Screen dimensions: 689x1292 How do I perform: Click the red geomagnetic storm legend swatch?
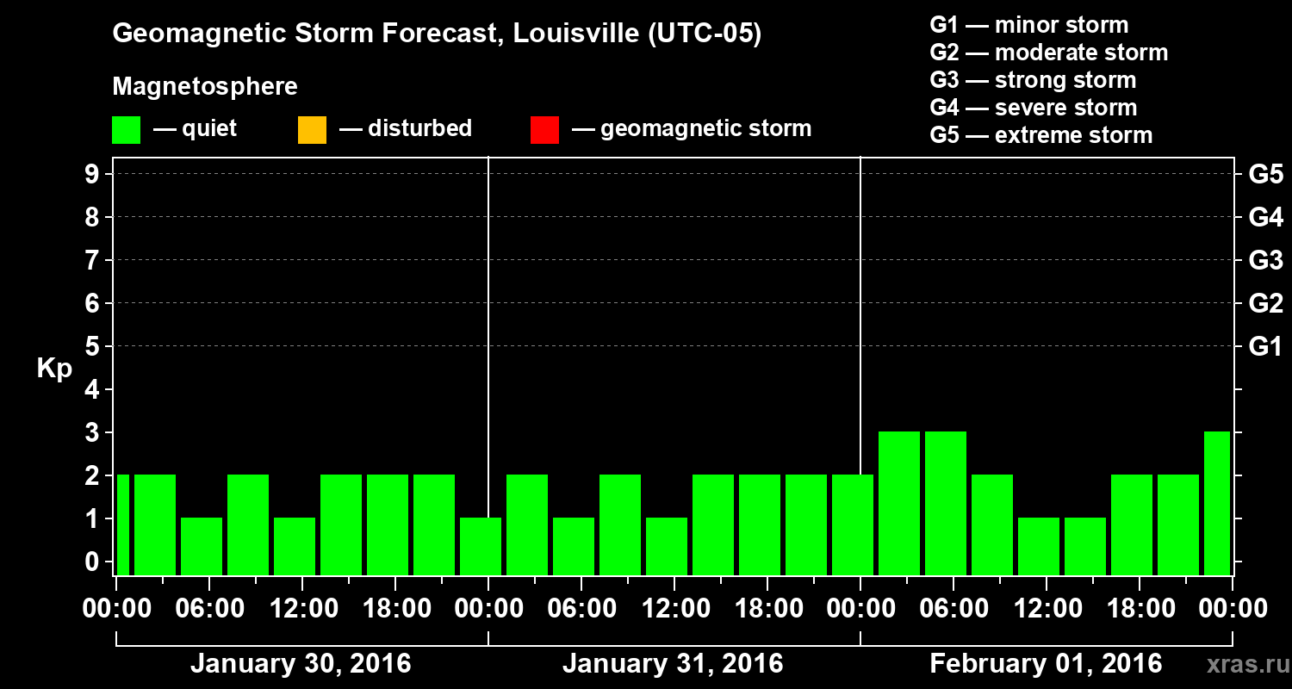(544, 130)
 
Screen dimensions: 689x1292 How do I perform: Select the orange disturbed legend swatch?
(312, 130)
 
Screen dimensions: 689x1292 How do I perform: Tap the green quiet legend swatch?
(126, 130)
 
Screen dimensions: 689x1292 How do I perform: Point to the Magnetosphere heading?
(205, 87)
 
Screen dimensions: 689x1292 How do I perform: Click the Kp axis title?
(54, 369)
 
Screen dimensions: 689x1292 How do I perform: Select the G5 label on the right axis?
(1265, 174)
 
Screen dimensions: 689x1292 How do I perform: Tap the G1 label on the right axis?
(1265, 347)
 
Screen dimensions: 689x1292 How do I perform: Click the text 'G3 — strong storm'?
(1033, 80)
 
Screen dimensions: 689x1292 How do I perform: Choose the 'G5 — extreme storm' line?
(1040, 135)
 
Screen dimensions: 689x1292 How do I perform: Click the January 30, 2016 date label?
(300, 664)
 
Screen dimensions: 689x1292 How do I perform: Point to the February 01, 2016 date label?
(1045, 664)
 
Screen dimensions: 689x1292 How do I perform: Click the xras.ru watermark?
(1243, 665)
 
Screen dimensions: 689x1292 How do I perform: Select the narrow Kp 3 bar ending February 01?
(1216, 503)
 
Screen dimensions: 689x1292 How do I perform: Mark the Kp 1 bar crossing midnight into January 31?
(481, 546)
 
